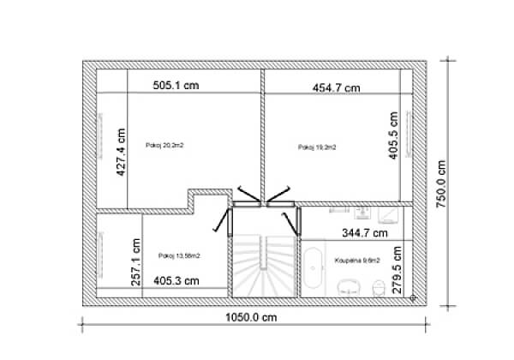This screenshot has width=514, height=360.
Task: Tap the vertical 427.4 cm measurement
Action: point(122,153)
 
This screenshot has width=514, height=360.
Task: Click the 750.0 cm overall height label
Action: point(441,183)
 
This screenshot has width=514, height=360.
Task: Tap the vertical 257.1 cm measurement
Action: point(134,261)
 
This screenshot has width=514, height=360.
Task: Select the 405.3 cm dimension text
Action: point(176,279)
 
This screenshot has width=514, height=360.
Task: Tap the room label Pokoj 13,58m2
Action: point(180,255)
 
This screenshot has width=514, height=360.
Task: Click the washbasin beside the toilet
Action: point(347,288)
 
